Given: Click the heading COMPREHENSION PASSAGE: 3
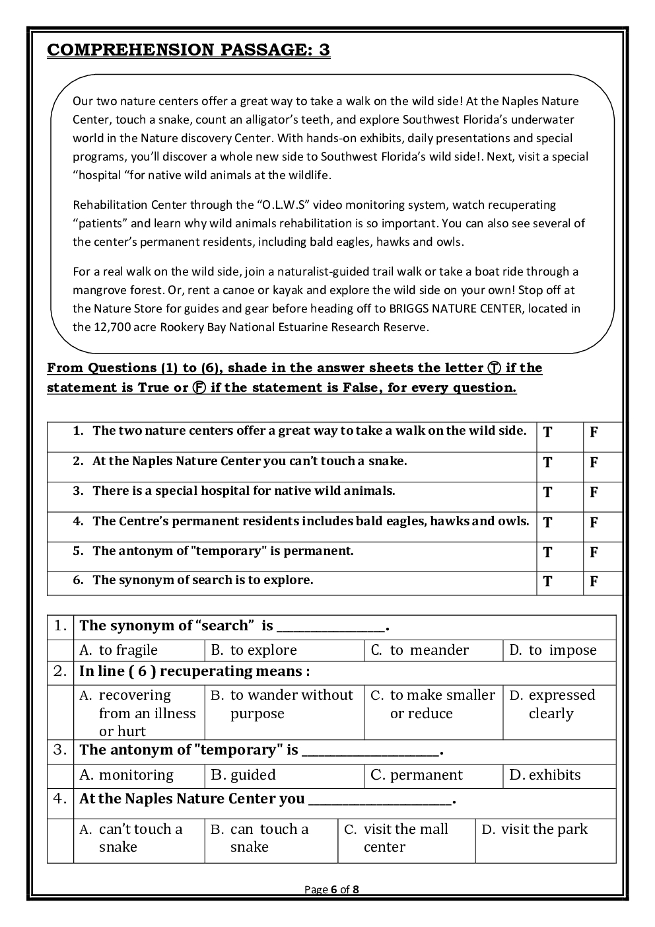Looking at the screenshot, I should click(188, 50).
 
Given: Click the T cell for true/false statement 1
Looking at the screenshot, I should click(547, 433).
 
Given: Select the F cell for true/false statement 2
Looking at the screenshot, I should click(594, 463).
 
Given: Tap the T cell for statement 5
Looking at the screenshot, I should click(547, 552).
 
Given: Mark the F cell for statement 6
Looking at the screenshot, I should click(594, 581).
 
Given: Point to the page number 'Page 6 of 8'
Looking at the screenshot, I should click(331, 889).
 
